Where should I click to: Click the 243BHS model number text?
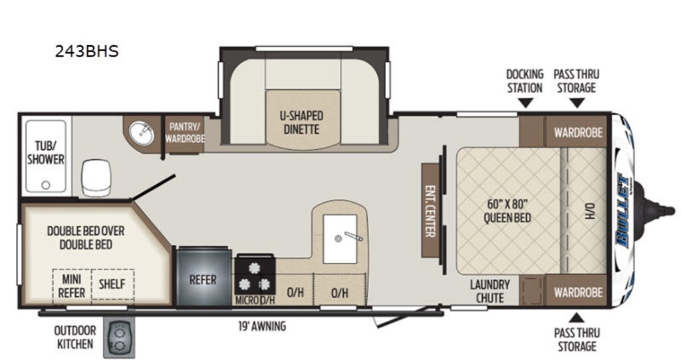(x=86, y=51)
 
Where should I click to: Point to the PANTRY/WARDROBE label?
(x=185, y=132)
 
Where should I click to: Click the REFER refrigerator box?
(x=203, y=279)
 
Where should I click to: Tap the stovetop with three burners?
(x=254, y=275)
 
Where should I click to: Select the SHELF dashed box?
(x=112, y=284)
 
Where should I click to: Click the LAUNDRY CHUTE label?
(x=490, y=291)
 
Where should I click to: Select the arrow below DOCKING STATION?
(x=526, y=103)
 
